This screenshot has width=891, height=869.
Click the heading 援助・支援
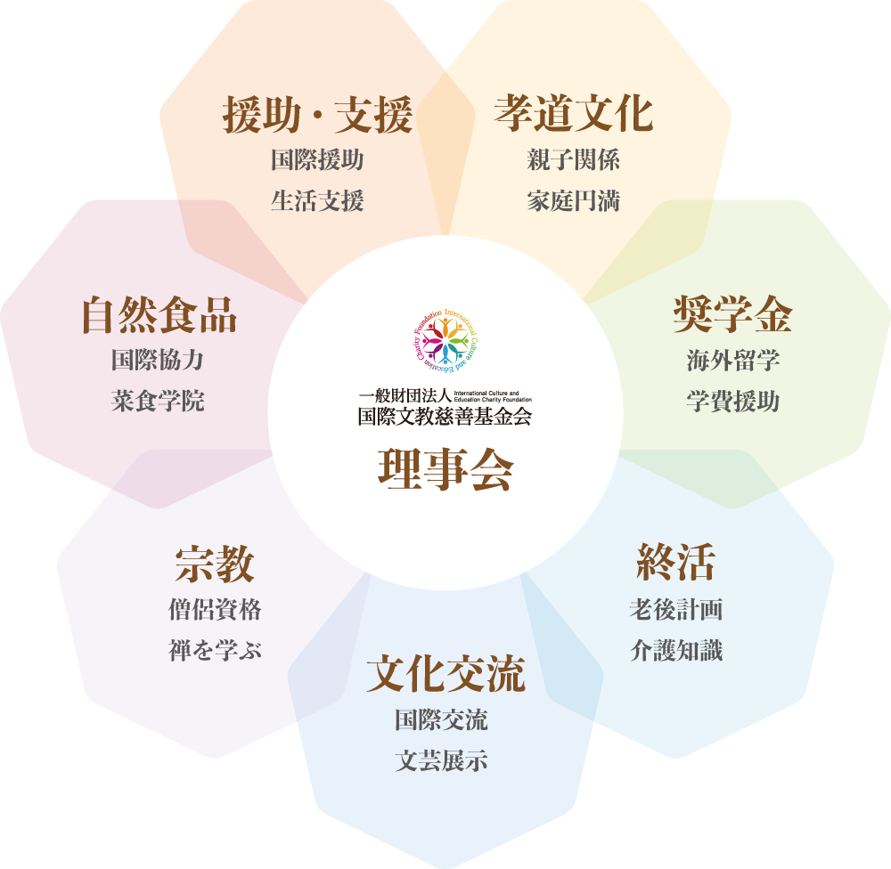[x=317, y=116]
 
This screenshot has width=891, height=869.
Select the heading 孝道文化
[x=574, y=114]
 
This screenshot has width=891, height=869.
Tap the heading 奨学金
[x=732, y=314]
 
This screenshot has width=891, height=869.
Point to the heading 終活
[x=675, y=563]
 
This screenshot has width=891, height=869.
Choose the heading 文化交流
[x=445, y=674]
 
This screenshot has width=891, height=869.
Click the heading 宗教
[x=215, y=564]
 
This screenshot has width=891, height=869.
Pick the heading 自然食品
[x=159, y=314]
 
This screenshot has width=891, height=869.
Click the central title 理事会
[x=445, y=470]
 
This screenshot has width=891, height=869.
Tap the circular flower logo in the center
[x=445, y=340]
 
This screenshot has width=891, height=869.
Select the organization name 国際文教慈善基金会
[x=445, y=416]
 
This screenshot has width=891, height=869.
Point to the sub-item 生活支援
[x=317, y=201]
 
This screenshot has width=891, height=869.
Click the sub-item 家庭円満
[x=574, y=201]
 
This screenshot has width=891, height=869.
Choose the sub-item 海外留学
[x=733, y=361]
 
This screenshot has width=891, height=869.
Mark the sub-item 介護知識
[x=675, y=651]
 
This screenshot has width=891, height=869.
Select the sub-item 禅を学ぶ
[x=215, y=651]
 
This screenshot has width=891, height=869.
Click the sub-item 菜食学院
[x=158, y=401]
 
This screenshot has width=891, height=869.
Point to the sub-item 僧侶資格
[x=215, y=610]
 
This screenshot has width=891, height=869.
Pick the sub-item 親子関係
[x=574, y=160]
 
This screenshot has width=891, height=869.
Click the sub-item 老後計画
[x=675, y=610]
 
